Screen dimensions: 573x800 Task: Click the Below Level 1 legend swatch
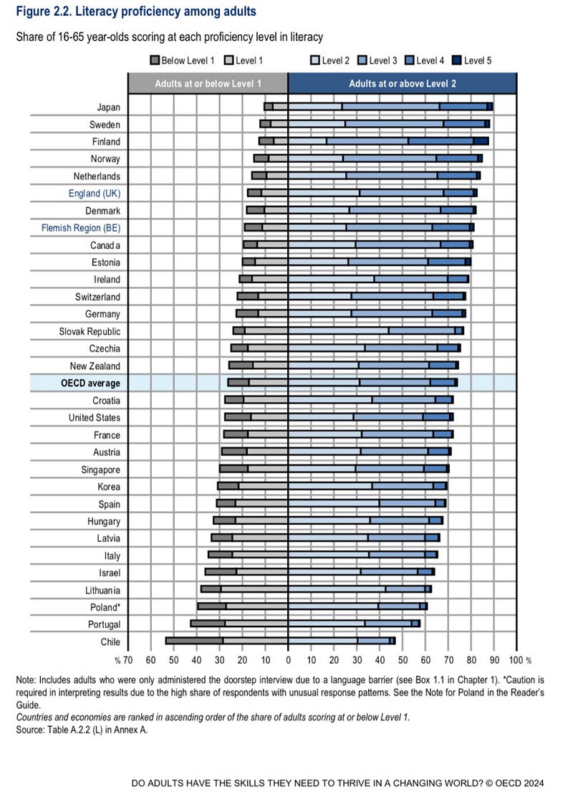coord(155,61)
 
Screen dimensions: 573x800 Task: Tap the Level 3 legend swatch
coord(362,61)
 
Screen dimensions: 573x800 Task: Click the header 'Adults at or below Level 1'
coord(208,84)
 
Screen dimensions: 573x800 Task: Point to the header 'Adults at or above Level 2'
coord(403,84)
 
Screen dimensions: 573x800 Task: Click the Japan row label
coord(109,107)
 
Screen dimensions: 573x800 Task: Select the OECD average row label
coord(90,384)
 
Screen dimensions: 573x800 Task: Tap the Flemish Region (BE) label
coord(81,228)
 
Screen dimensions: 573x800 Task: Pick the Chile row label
coord(110,642)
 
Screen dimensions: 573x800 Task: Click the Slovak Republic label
coord(90,332)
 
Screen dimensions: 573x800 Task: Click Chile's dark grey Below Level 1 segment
coord(194,641)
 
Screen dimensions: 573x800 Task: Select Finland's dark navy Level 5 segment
coord(481,141)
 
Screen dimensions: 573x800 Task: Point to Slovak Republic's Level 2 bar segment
coord(339,331)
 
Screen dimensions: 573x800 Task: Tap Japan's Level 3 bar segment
coord(391,107)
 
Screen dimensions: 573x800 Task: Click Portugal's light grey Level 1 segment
coord(256,624)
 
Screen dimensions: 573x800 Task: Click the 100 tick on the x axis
coord(516,660)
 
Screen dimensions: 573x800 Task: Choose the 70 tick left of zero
coord(127,660)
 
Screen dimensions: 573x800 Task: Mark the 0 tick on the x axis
coord(288,660)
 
